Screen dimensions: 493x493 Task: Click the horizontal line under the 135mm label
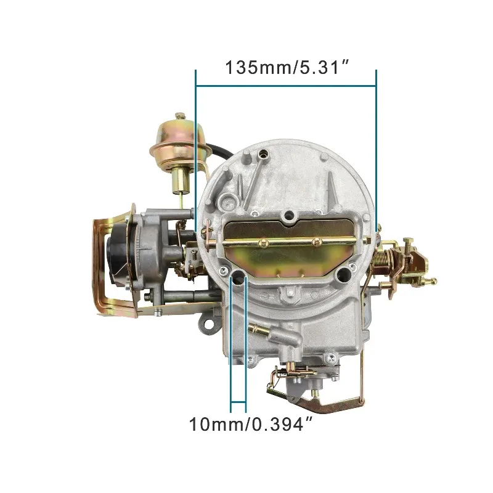click(285, 86)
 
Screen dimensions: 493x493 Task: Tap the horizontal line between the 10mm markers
click(238, 407)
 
